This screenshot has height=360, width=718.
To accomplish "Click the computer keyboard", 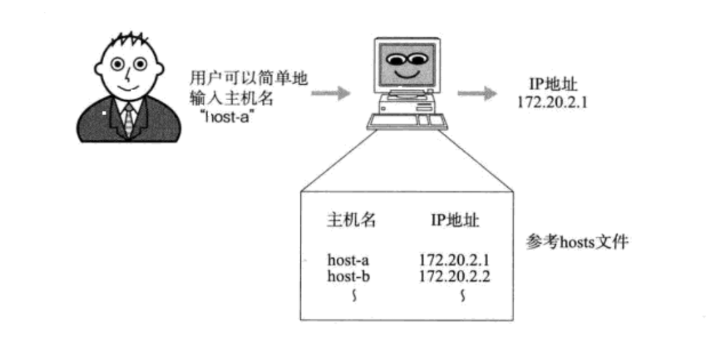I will (406, 120).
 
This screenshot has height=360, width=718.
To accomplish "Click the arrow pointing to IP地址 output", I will (477, 93).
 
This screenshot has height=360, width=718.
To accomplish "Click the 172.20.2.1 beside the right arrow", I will (552, 103).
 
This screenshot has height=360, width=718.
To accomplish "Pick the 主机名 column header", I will (351, 221).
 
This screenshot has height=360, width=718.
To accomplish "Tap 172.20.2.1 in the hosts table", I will (455, 259).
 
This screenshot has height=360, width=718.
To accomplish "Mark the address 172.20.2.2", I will (455, 276).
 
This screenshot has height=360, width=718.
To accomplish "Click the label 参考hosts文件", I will (577, 243).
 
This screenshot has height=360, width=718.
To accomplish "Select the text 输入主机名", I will (231, 97).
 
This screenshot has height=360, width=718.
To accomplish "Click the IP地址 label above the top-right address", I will (552, 86).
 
